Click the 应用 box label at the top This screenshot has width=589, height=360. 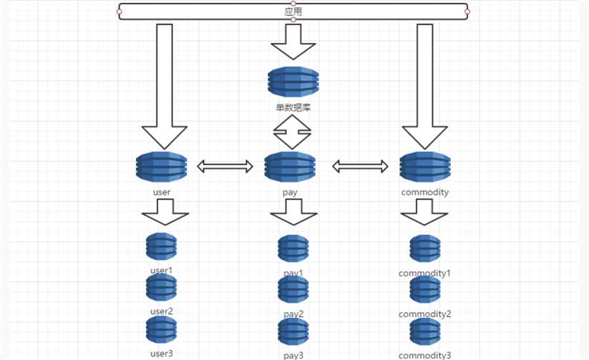point(293,12)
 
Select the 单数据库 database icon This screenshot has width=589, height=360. point(293,82)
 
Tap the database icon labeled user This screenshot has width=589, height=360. point(162,167)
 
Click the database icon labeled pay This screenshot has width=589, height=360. point(290,167)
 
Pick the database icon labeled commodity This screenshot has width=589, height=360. point(424,167)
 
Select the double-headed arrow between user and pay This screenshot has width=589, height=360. point(225,167)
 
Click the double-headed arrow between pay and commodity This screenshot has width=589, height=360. point(360,167)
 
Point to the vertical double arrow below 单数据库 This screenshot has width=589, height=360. point(293,132)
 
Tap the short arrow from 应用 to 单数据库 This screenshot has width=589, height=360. point(293,42)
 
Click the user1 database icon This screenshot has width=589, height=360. point(161,247)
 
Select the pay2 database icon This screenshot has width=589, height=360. point(293,291)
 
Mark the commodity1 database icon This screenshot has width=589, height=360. point(425,248)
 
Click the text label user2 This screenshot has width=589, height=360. point(162,312)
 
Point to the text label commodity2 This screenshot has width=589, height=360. point(425,314)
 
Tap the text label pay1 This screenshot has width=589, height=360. point(293,273)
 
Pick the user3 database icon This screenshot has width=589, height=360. point(161,330)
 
